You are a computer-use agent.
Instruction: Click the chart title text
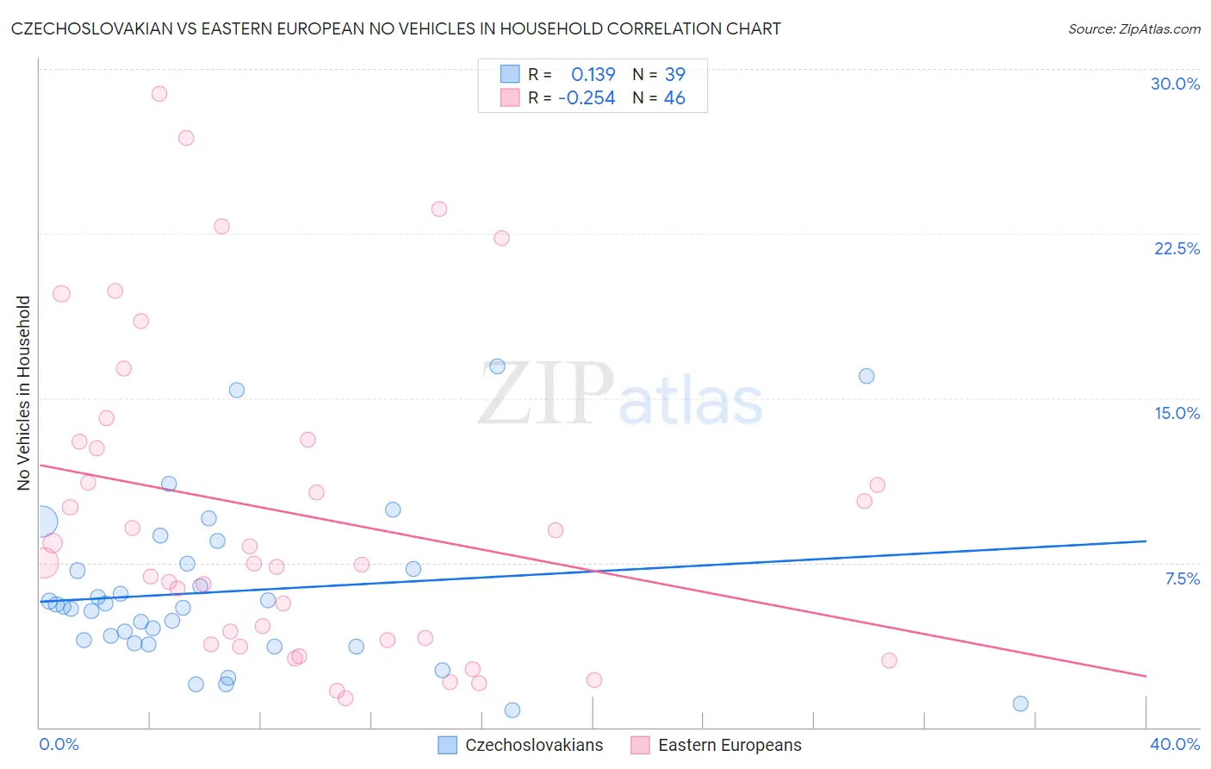tap(396, 28)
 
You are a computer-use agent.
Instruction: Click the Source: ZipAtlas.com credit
tap(1133, 29)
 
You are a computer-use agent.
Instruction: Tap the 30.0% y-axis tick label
tap(1175, 84)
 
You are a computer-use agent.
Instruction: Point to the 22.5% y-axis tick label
tap(1177, 248)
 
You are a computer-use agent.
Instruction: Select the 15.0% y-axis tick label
tap(1177, 413)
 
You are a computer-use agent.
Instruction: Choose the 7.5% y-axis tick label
tap(1182, 578)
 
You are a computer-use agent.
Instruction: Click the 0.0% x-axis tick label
tap(59, 744)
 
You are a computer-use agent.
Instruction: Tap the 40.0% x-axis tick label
tap(1175, 744)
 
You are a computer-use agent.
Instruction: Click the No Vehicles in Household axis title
tap(23, 393)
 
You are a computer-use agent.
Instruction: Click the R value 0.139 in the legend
tap(593, 74)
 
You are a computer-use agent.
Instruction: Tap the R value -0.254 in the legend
tap(587, 98)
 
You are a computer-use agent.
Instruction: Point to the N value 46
tap(674, 98)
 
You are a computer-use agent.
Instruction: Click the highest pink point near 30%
tap(158, 94)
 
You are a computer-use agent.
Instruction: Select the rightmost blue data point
tap(1021, 703)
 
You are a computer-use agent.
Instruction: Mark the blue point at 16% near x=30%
tap(866, 376)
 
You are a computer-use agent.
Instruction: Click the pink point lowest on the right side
tap(889, 660)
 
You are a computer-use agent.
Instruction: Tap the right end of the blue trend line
tap(1146, 541)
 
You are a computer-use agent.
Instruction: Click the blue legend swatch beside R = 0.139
tap(510, 74)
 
